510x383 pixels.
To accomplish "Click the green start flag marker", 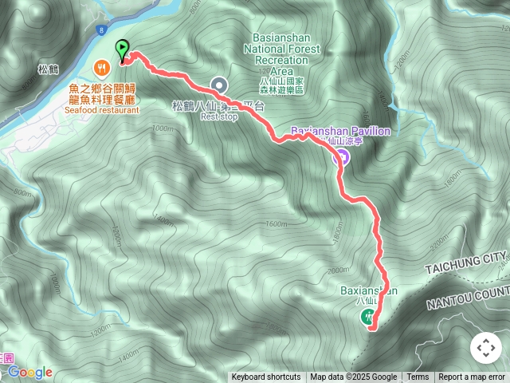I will click(x=122, y=49).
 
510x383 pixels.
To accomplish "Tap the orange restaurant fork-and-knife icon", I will click(x=102, y=67).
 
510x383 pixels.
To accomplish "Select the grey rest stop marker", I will click(x=219, y=85).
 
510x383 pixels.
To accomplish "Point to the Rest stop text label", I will click(x=219, y=116).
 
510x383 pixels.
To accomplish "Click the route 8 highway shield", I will click(x=103, y=30).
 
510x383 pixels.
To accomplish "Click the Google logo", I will click(x=29, y=373).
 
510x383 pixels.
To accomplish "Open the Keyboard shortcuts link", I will click(x=266, y=377).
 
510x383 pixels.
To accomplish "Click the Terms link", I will click(x=418, y=377).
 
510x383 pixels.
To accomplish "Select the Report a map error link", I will click(x=473, y=377).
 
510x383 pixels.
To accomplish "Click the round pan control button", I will click(x=485, y=348).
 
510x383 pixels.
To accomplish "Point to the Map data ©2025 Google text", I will click(x=354, y=377).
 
